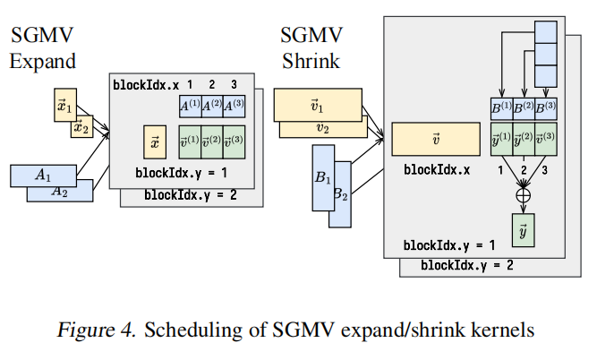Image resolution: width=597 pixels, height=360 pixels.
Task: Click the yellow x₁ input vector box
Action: click(64, 99)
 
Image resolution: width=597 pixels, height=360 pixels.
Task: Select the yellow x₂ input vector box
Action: click(81, 129)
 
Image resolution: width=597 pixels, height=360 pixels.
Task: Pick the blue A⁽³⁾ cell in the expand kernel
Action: click(234, 106)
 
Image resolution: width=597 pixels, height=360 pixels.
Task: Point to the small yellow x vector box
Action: click(155, 141)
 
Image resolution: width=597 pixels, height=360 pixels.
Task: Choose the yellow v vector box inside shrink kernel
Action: click(435, 140)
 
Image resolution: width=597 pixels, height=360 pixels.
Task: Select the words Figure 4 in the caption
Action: click(93, 330)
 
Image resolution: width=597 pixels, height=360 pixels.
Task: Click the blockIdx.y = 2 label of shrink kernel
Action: click(466, 265)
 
